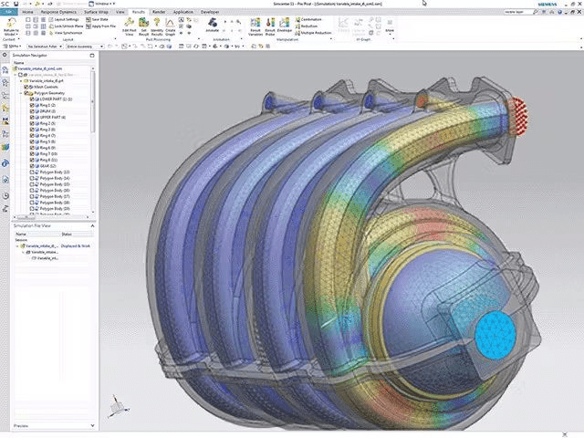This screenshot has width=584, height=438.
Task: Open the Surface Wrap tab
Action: [101, 12]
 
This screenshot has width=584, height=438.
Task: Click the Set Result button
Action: [143, 31]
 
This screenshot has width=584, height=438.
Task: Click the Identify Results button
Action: [157, 31]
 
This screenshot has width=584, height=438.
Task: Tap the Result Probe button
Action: [270, 31]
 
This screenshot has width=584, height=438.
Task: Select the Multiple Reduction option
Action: [315, 31]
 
